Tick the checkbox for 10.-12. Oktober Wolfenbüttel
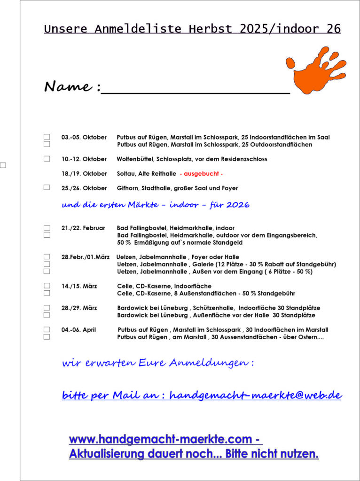point(47,159)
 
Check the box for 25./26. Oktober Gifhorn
point(47,187)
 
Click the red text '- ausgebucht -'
point(201,174)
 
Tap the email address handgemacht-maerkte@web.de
point(255,395)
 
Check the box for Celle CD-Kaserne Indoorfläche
point(47,286)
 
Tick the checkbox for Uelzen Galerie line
point(47,264)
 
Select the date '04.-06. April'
point(78,330)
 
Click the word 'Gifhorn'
point(128,188)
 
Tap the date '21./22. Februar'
point(83,228)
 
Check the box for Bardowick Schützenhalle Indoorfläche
point(47,308)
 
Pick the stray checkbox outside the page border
point(3,165)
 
